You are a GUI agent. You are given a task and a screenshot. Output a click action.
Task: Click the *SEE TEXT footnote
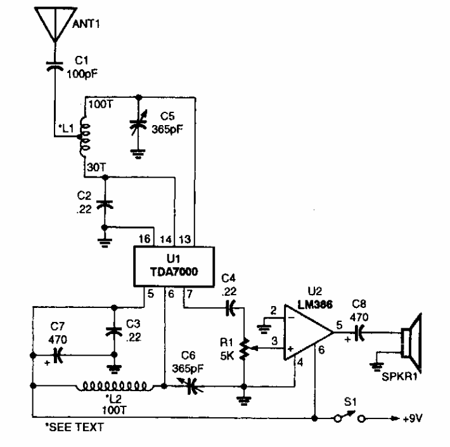pyautogui.click(x=61, y=427)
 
